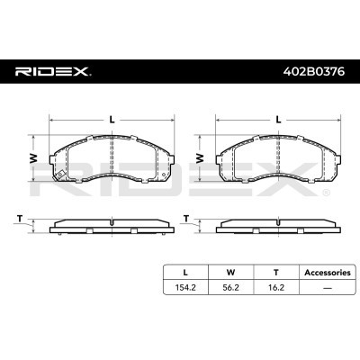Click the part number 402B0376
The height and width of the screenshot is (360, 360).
314,72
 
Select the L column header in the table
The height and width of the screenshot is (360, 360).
185,273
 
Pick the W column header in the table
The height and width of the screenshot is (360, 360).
230,273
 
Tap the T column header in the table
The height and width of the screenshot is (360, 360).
276,273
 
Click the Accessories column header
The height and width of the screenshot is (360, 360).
328,273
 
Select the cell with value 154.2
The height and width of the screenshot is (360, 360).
185,287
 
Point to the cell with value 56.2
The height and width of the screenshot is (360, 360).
230,287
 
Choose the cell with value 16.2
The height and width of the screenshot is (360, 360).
276,287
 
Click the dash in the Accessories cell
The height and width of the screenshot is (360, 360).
328,288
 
